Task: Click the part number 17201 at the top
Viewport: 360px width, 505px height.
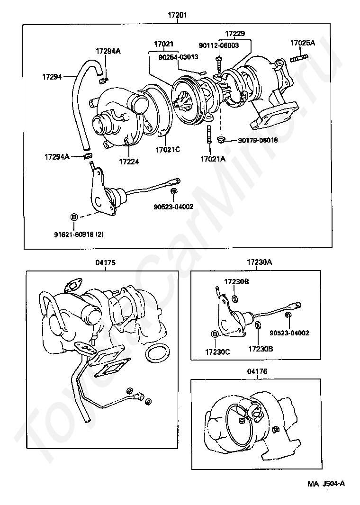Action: pyautogui.click(x=178, y=15)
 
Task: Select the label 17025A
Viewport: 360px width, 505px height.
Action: pyautogui.click(x=302, y=43)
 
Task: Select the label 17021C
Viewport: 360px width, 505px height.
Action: pyautogui.click(x=168, y=150)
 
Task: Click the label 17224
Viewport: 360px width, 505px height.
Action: pyautogui.click(x=129, y=161)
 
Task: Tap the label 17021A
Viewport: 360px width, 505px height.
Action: pyautogui.click(x=213, y=159)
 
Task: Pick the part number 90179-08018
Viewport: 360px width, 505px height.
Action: pyautogui.click(x=258, y=140)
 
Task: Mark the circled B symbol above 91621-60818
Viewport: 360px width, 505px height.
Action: pyautogui.click(x=74, y=217)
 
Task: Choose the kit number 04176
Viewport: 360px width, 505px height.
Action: pyautogui.click(x=257, y=371)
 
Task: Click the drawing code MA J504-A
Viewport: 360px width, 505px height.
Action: pyautogui.click(x=326, y=483)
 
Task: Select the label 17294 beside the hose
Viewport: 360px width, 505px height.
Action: pyautogui.click(x=52, y=76)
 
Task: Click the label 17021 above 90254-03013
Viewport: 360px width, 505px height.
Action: pyautogui.click(x=163, y=44)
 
